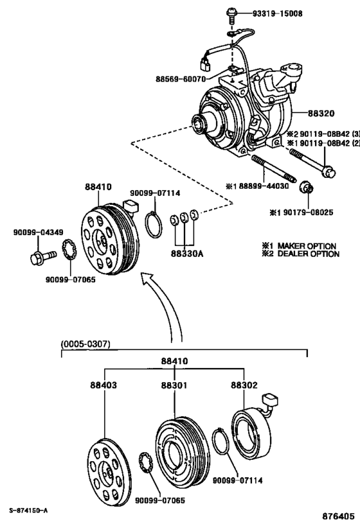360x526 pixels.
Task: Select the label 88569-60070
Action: pyautogui.click(x=181, y=80)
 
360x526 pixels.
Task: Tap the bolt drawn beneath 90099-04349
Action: pyautogui.click(x=37, y=258)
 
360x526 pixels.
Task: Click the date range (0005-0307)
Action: pyautogui.click(x=85, y=344)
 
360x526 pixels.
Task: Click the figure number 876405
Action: pyautogui.click(x=337, y=516)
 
